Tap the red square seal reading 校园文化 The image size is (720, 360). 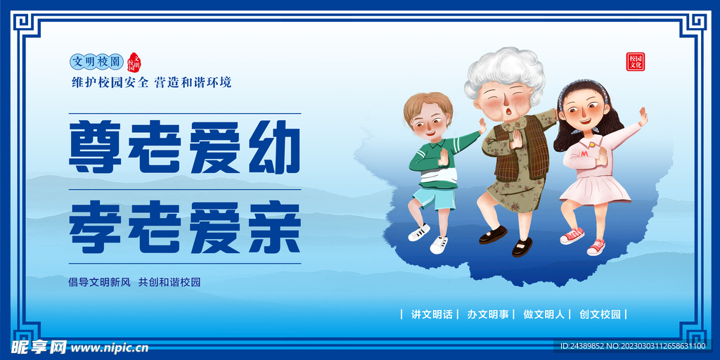tap(636, 62)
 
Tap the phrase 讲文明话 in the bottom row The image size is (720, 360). tap(432, 314)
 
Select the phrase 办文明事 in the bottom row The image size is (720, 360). tap(488, 314)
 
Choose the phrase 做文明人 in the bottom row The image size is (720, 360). tap(544, 314)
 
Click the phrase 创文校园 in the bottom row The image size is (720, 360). tap(600, 314)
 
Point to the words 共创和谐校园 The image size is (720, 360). tap(169, 282)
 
